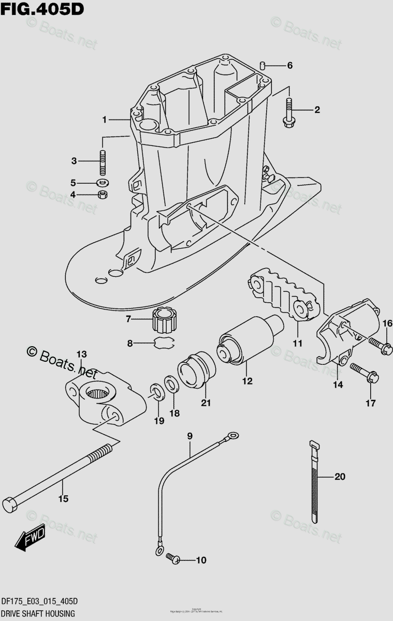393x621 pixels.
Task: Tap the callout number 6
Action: pos(289,66)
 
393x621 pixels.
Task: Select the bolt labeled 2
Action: pos(288,111)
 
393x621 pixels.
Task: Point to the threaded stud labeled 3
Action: pos(103,161)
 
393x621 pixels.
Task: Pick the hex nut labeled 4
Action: pos(103,195)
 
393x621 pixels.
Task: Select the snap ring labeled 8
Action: pos(164,342)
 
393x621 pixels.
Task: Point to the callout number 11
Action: pos(297,343)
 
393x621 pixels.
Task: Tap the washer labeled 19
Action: pos(155,391)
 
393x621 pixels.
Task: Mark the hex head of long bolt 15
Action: pos(10,503)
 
